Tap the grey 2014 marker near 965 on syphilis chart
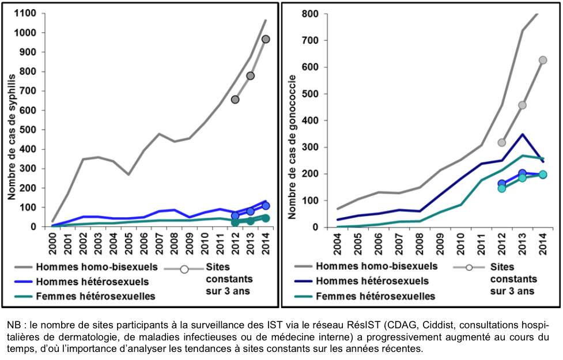(x=266, y=39)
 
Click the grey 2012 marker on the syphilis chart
(x=235, y=100)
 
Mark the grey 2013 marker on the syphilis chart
(x=251, y=75)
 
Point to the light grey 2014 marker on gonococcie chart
(x=542, y=60)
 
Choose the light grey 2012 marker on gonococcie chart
(x=501, y=142)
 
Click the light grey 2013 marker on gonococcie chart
(x=522, y=105)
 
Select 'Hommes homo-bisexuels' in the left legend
(x=85, y=267)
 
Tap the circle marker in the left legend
(x=184, y=268)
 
